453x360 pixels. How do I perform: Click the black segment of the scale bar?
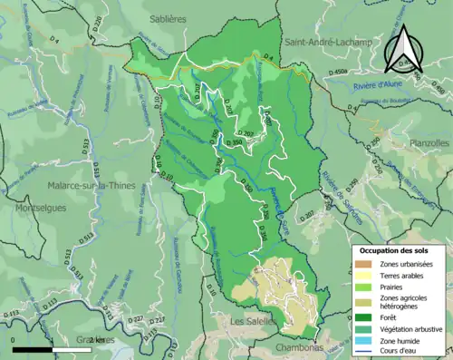click(x=36, y=350)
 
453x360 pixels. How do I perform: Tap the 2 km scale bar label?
click(x=97, y=340)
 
